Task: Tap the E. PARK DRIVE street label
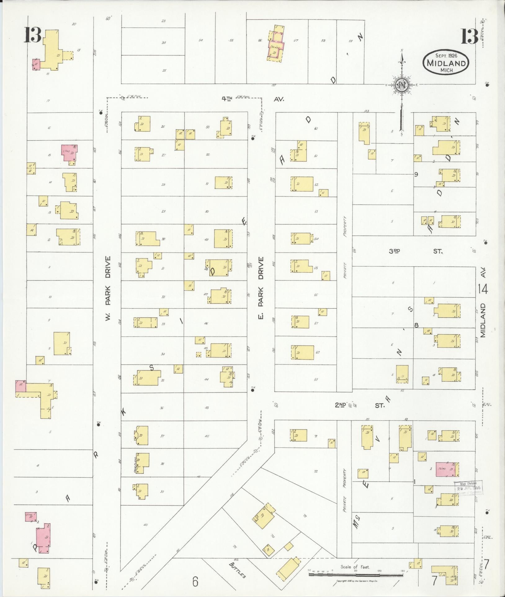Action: tap(261, 288)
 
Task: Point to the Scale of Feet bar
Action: tap(356, 574)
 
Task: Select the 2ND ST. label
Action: tap(360, 405)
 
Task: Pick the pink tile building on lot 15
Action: tap(70, 153)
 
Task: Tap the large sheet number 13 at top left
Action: tap(32, 35)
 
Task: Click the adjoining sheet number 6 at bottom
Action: tap(195, 582)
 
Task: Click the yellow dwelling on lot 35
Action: tap(146, 378)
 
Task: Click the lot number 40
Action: tap(145, 525)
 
